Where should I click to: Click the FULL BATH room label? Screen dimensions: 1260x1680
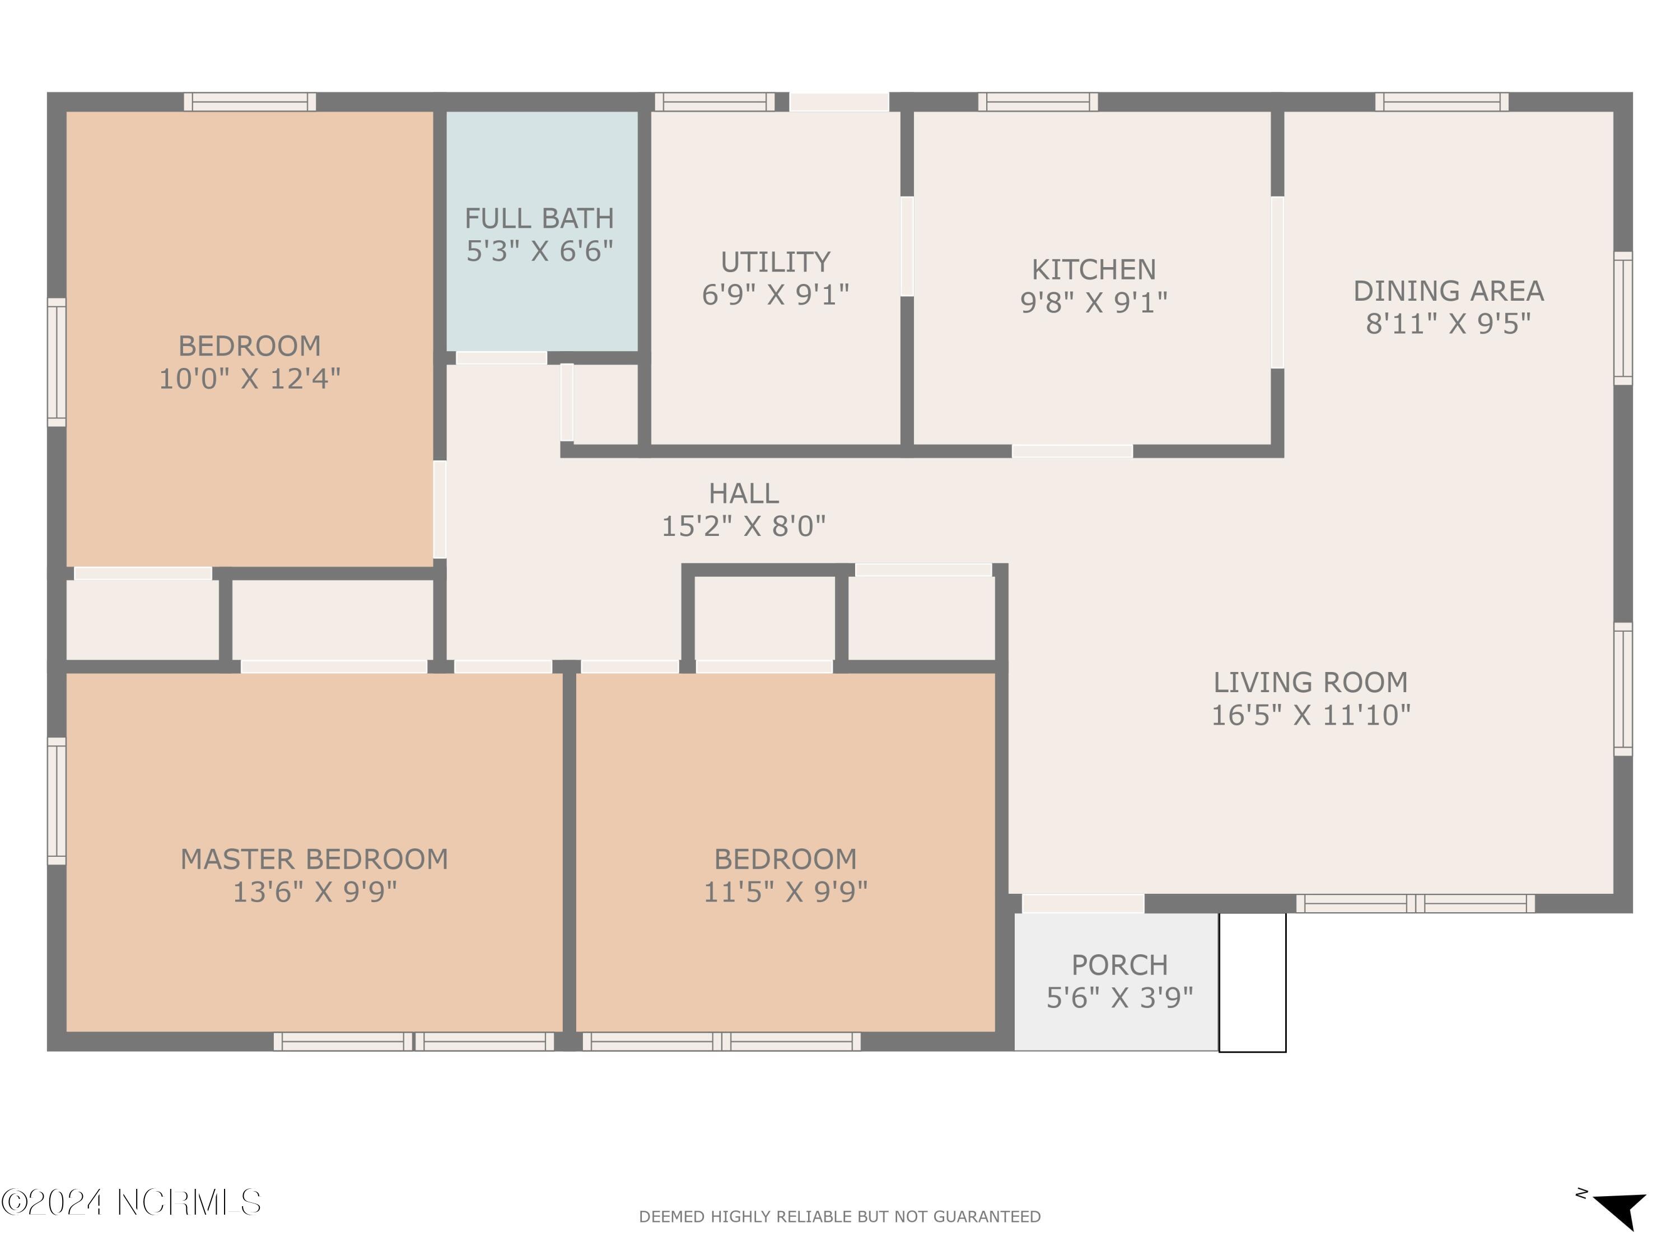pyautogui.click(x=539, y=219)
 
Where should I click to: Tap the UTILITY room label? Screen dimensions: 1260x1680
pyautogui.click(x=776, y=262)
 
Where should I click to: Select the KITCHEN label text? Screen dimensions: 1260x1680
pyautogui.click(x=1094, y=269)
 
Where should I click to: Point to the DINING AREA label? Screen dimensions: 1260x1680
pyautogui.click(x=1448, y=291)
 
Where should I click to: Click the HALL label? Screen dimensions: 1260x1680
pyautogui.click(x=744, y=494)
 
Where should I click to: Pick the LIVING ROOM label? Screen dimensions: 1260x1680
pyautogui.click(x=1310, y=682)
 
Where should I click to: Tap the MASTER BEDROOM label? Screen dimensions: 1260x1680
pyautogui.click(x=314, y=859)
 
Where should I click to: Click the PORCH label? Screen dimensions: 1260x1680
pyautogui.click(x=1119, y=964)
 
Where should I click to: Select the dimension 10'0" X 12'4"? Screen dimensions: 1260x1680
pyautogui.click(x=249, y=378)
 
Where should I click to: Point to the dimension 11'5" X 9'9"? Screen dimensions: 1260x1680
pyautogui.click(x=785, y=892)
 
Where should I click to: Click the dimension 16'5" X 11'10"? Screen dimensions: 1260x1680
pyautogui.click(x=1310, y=715)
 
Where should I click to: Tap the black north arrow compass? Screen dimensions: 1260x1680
pyautogui.click(x=1620, y=1207)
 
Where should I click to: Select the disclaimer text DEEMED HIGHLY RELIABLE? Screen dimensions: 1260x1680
pyautogui.click(x=839, y=1217)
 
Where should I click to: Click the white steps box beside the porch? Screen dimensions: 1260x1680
pyautogui.click(x=1252, y=982)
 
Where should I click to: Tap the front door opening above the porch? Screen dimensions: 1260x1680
pyautogui.click(x=1083, y=903)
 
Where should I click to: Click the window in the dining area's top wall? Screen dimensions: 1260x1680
pyautogui.click(x=1441, y=102)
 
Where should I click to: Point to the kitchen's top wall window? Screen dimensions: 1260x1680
pyautogui.click(x=1038, y=102)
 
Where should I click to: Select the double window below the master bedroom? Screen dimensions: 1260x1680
pyautogui.click(x=414, y=1041)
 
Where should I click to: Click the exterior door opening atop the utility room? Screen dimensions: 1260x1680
pyautogui.click(x=839, y=102)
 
